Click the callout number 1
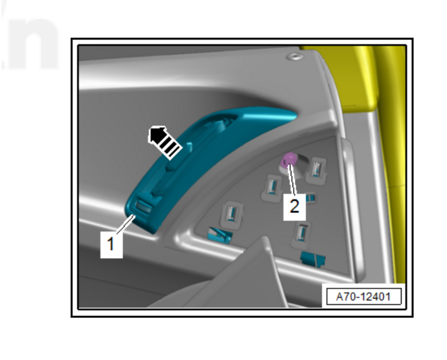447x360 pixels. (x=110, y=244)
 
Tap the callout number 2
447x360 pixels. (x=294, y=206)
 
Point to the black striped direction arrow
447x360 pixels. (x=164, y=142)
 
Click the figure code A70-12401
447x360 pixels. (x=363, y=297)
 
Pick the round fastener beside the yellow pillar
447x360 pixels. (x=294, y=56)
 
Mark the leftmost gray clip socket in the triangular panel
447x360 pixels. (x=231, y=215)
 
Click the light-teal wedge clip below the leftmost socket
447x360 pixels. (x=220, y=235)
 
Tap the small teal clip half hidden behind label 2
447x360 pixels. (x=311, y=198)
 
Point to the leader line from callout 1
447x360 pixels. (x=125, y=225)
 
